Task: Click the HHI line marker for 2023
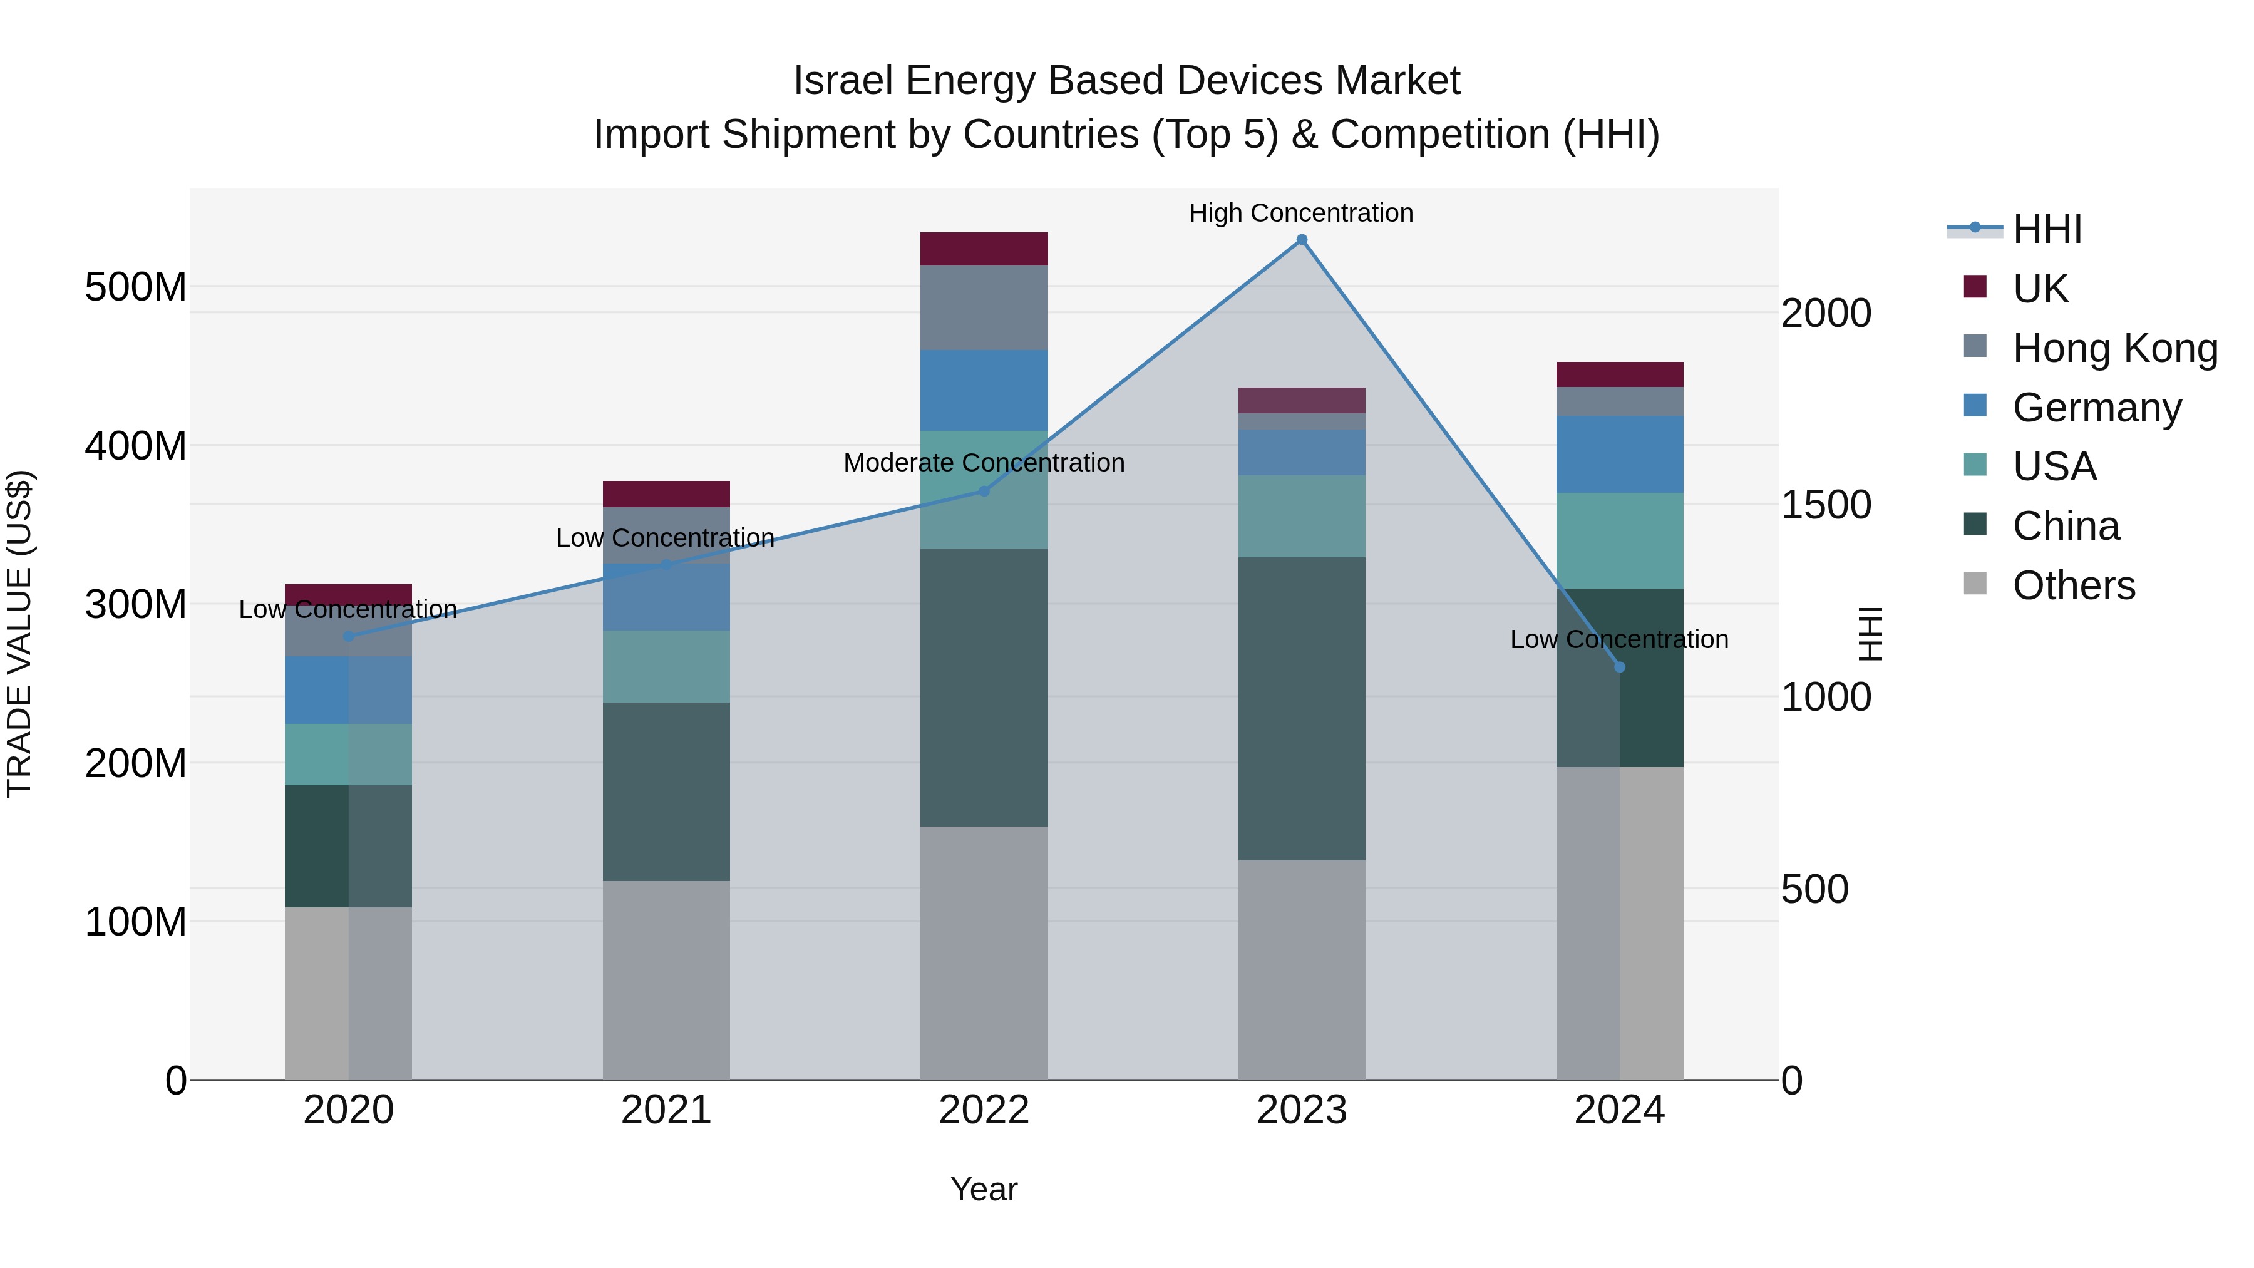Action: pyautogui.click(x=1301, y=240)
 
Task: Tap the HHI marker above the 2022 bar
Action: pyautogui.click(x=984, y=491)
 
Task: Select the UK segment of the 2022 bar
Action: pyautogui.click(x=984, y=249)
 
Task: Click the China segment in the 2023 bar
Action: pyautogui.click(x=1301, y=708)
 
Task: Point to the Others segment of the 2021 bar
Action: pyautogui.click(x=666, y=979)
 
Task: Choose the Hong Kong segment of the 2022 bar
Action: pyautogui.click(x=984, y=307)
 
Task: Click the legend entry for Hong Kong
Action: pyautogui.click(x=2115, y=348)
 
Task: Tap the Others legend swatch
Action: pyautogui.click(x=1975, y=584)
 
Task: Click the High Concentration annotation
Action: pyautogui.click(x=1300, y=213)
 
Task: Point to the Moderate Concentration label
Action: pyautogui.click(x=984, y=462)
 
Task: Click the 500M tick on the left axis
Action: pyautogui.click(x=136, y=287)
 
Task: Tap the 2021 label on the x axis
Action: pyautogui.click(x=666, y=1110)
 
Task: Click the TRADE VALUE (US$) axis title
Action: pyautogui.click(x=19, y=634)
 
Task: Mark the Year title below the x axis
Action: pyautogui.click(x=984, y=1189)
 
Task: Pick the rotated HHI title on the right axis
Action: pyautogui.click(x=1870, y=634)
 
